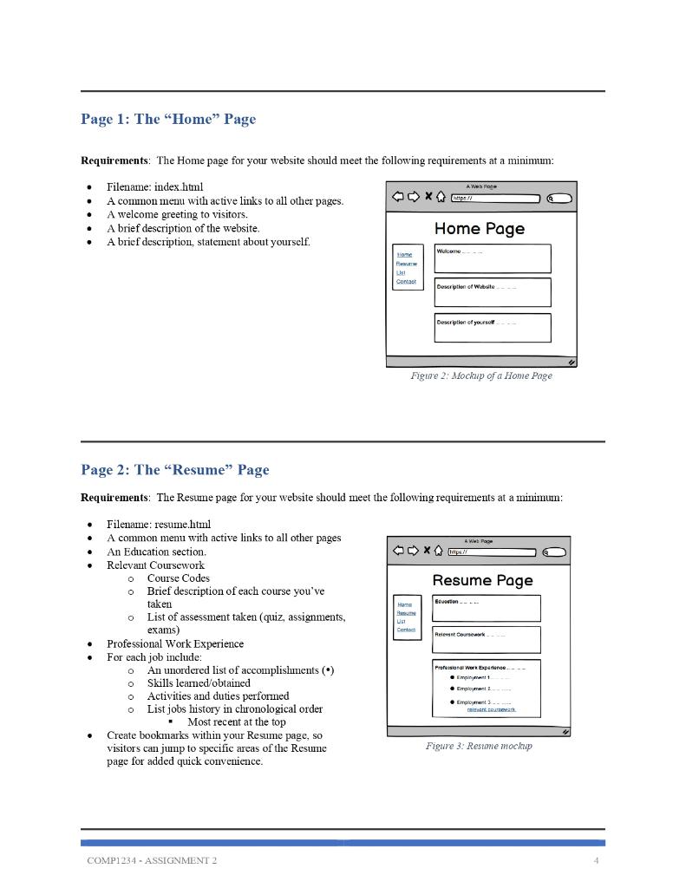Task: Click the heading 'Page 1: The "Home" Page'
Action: (168, 119)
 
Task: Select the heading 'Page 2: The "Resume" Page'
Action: (175, 470)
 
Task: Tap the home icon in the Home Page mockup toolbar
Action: (441, 198)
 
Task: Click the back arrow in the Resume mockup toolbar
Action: (398, 551)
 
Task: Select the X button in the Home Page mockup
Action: (428, 198)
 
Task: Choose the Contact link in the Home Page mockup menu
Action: (406, 281)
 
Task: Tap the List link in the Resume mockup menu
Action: (401, 621)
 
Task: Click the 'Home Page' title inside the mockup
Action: (479, 229)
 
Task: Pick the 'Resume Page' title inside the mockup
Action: (482, 580)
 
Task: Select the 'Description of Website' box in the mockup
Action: (492, 292)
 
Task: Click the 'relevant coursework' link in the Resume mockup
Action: (491, 709)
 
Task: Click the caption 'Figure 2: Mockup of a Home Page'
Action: (480, 375)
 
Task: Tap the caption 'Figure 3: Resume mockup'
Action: (479, 746)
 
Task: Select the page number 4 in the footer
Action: (596, 860)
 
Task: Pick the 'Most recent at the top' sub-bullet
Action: (236, 721)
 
